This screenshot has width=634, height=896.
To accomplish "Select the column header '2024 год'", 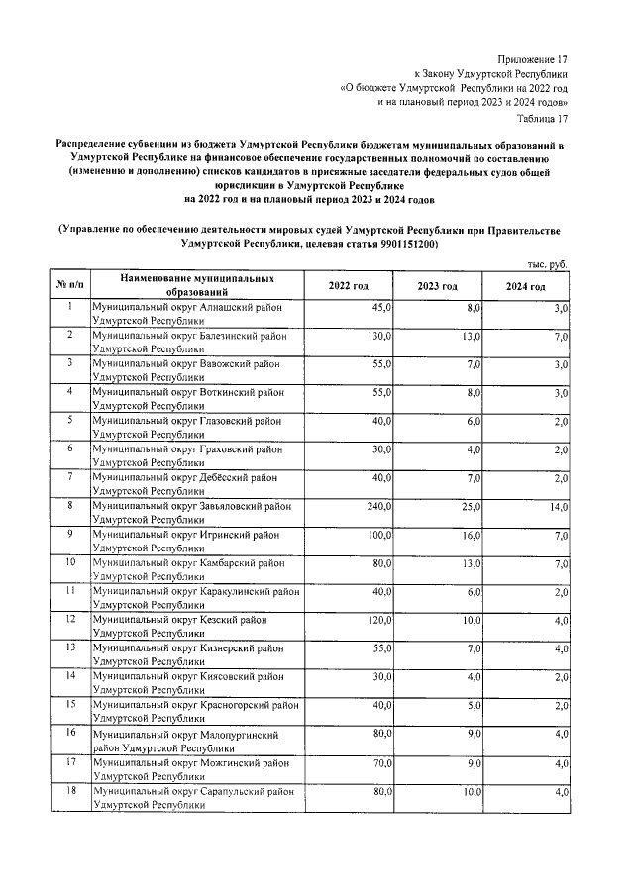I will click(x=526, y=286).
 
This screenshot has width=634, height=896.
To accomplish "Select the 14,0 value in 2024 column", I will click(x=559, y=507).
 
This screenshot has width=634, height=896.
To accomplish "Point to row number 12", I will click(x=70, y=619).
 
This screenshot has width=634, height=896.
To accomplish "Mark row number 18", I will click(x=70, y=790).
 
